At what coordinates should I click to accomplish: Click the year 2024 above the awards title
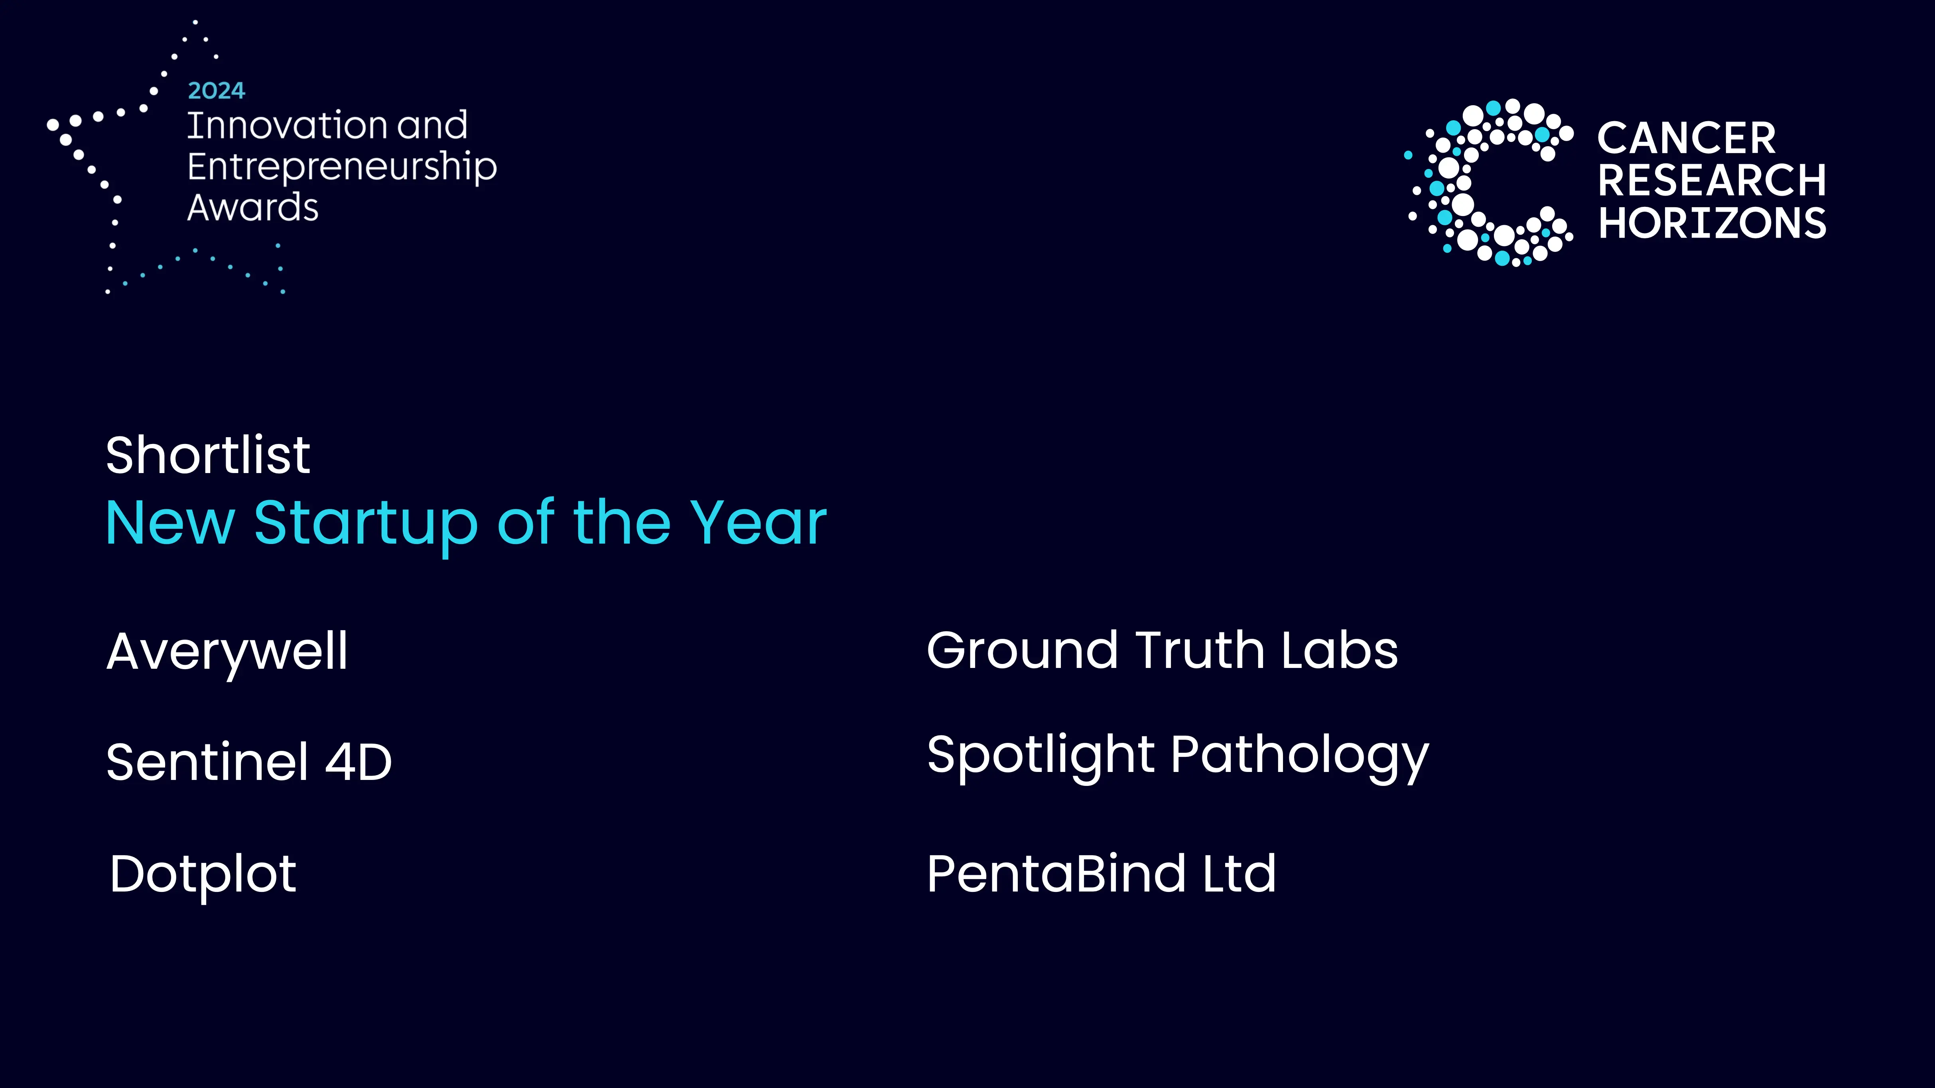[x=216, y=91]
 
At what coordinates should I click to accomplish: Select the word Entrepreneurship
[x=342, y=167]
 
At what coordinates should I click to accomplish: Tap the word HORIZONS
[x=1711, y=223]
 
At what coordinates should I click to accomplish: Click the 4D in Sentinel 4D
[x=358, y=762]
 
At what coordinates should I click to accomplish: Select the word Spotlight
[x=1040, y=755]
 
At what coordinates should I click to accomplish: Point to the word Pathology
[x=1300, y=755]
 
